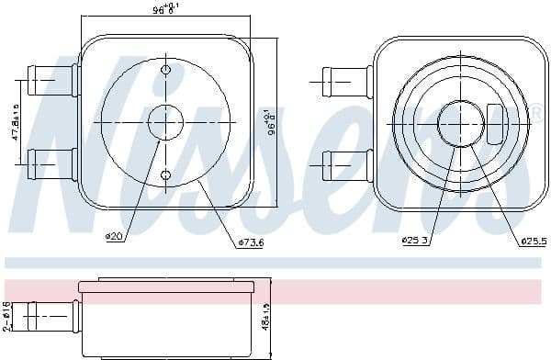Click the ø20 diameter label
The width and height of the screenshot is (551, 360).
(x=115, y=237)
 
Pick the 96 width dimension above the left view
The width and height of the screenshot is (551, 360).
(x=165, y=9)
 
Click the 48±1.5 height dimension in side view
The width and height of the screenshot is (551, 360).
(x=267, y=319)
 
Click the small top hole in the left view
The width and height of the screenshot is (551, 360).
(x=165, y=70)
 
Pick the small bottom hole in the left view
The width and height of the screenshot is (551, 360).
(x=165, y=174)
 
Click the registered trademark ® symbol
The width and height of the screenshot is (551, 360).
(x=535, y=112)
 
